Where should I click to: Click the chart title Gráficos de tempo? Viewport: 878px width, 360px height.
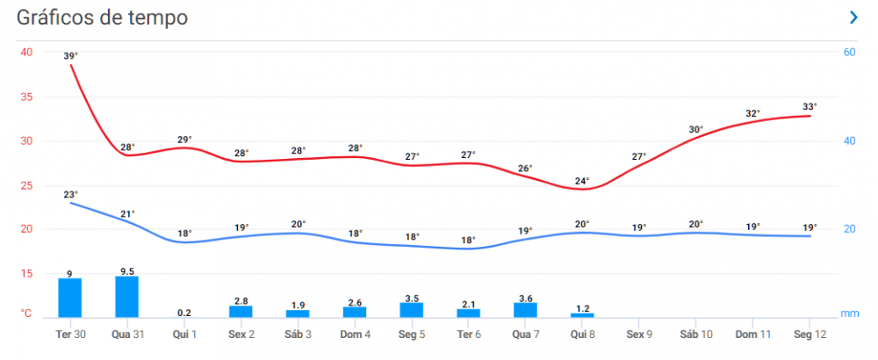tap(103, 18)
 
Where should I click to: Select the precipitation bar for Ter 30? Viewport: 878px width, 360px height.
tap(69, 298)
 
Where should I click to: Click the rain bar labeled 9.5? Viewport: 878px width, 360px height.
tap(126, 297)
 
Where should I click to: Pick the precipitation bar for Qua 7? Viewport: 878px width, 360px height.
tap(525, 310)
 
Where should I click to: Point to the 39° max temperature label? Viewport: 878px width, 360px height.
tap(71, 56)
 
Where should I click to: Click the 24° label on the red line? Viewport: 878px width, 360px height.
tap(582, 182)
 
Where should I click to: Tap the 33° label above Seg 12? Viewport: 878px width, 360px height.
tap(810, 107)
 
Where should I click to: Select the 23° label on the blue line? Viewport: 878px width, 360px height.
tap(71, 194)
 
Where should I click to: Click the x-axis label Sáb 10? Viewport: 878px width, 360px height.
tap(695, 335)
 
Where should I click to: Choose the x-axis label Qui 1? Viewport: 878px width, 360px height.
tap(184, 335)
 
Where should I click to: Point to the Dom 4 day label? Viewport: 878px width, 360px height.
tap(355, 335)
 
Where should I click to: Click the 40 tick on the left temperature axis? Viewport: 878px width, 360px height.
tap(26, 52)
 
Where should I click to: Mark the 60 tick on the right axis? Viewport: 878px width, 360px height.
tap(849, 52)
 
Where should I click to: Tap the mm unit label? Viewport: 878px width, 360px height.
tap(849, 313)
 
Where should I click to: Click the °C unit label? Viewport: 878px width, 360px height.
tap(27, 313)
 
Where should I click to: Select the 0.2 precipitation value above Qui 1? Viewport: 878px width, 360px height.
tap(184, 313)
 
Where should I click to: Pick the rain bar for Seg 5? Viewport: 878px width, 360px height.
tap(412, 310)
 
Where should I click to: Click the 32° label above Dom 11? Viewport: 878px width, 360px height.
tap(752, 113)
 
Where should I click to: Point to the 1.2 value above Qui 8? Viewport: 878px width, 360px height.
tap(582, 308)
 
